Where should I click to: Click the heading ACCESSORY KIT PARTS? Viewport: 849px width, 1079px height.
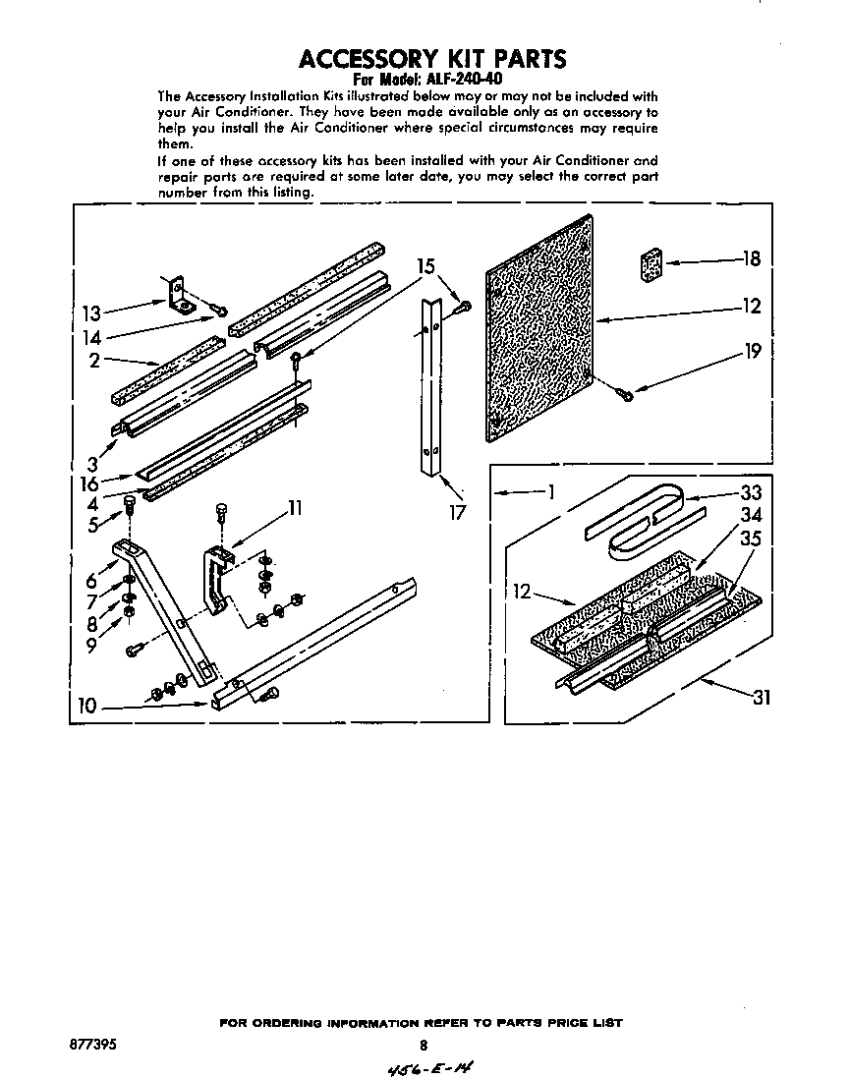432,58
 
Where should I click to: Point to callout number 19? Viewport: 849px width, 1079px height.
753,351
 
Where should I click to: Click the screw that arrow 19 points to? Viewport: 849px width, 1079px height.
622,393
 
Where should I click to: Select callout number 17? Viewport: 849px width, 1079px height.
456,511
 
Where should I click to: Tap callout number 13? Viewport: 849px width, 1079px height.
90,314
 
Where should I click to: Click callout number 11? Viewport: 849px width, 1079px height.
293,508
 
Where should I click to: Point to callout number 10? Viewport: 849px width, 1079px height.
88,705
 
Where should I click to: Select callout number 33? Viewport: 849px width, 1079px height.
751,493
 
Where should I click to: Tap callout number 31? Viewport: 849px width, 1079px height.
761,698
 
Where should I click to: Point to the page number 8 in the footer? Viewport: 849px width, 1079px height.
424,1046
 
